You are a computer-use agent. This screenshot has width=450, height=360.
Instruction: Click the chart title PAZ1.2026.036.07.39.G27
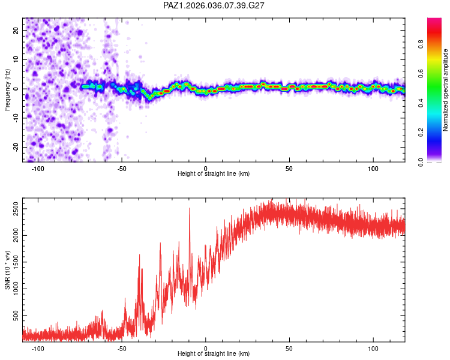214,5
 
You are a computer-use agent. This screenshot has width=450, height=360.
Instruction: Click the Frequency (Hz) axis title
7,90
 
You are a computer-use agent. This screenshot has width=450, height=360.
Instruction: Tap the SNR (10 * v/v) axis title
7,270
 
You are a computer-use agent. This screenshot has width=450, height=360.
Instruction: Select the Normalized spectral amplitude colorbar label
445,90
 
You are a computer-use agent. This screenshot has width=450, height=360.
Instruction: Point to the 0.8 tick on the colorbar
421,44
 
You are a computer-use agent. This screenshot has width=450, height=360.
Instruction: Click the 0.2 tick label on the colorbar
421,133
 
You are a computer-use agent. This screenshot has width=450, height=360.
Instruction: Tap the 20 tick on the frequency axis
16,30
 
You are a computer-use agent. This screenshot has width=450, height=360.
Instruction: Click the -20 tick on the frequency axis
16,148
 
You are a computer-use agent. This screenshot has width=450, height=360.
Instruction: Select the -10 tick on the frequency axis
16,118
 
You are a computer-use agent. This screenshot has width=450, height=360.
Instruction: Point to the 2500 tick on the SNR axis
16,209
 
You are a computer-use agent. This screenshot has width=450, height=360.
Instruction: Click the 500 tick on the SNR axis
16,316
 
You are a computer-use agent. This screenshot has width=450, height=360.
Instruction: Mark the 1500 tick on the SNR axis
16,262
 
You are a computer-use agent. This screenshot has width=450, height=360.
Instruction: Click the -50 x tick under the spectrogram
122,169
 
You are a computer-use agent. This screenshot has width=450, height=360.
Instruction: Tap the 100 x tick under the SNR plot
373,348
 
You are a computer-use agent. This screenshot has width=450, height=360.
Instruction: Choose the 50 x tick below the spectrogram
289,169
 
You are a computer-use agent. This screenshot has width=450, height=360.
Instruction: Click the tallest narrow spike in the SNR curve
190,208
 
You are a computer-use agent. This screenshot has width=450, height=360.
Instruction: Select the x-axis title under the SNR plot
214,353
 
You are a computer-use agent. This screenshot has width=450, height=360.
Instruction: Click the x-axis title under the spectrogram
214,173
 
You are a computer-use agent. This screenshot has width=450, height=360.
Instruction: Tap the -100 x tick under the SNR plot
37,348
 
